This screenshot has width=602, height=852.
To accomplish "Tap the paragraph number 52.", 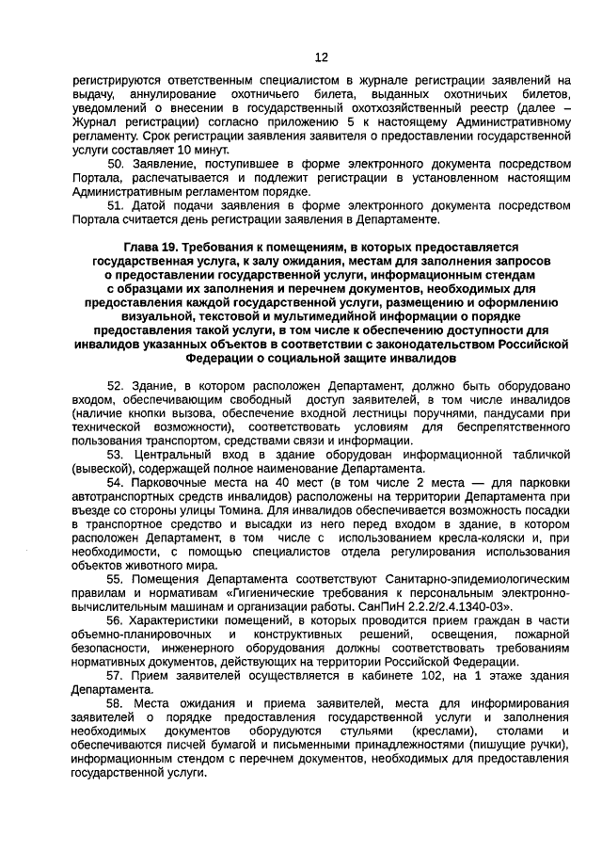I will (x=116, y=386).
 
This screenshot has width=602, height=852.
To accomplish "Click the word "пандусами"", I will (x=519, y=413).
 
